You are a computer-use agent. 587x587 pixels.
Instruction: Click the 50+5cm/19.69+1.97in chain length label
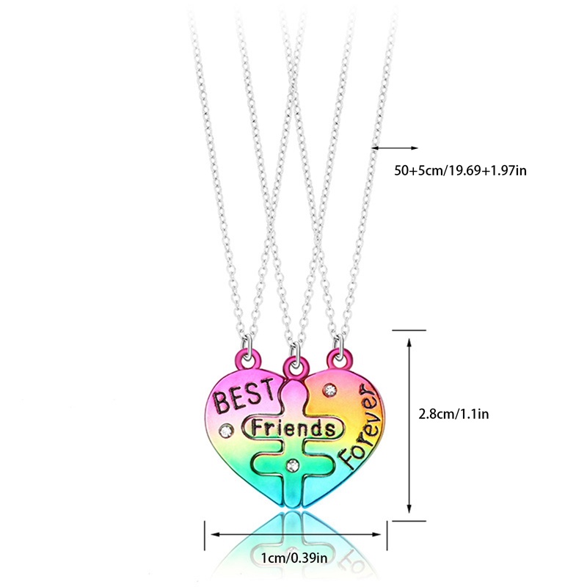461,170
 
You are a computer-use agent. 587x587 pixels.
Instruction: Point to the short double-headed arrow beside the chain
394,147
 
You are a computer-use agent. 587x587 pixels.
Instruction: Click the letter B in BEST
220,402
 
